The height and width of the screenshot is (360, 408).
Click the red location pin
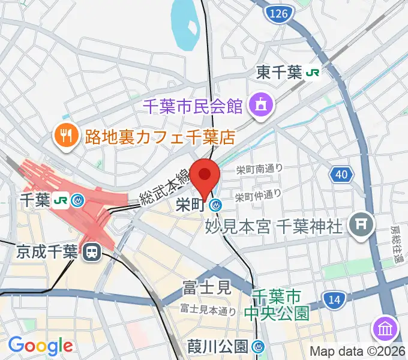(x=205, y=175)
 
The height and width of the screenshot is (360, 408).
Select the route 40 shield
(x=340, y=175)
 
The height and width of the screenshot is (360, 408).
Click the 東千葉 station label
(x=279, y=73)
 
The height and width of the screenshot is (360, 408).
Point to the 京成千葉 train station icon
(x=92, y=252)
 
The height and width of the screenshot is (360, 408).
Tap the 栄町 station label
(x=191, y=205)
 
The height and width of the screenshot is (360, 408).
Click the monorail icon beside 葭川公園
(x=259, y=346)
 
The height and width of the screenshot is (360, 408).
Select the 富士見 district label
(x=207, y=287)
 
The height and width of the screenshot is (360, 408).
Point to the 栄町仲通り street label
(x=258, y=194)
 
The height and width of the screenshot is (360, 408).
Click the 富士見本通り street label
(x=208, y=310)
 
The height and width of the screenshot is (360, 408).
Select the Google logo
(x=40, y=346)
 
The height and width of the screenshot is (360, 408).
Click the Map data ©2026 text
(x=357, y=352)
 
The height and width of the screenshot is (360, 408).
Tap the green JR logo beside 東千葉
(x=313, y=73)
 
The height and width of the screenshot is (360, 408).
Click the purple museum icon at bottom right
(x=386, y=328)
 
